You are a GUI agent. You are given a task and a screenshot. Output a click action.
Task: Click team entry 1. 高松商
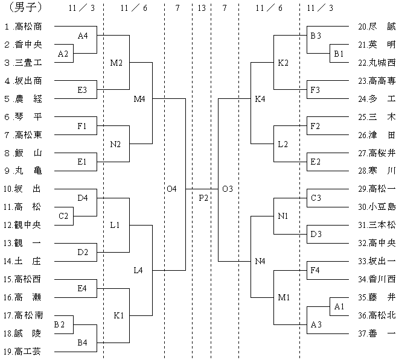[23, 27]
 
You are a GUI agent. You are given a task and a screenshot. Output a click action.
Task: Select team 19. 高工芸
[22, 352]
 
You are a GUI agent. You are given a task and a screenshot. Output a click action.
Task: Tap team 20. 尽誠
[377, 27]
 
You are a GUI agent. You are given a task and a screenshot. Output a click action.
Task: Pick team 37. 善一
[377, 333]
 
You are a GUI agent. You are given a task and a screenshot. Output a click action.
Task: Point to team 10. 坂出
[22, 189]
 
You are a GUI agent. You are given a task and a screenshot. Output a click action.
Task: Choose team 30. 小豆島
[377, 207]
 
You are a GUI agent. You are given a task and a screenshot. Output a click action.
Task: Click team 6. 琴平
[23, 117]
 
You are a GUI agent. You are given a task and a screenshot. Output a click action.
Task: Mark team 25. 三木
[377, 117]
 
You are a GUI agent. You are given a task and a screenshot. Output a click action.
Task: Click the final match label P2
[203, 198]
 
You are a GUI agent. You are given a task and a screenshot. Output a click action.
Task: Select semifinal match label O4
[172, 189]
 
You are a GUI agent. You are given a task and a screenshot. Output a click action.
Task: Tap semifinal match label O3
[228, 189]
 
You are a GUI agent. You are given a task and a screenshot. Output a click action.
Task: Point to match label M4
[139, 99]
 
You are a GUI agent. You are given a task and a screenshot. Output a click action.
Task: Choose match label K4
[260, 99]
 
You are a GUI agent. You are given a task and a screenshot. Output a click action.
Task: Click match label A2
[63, 54]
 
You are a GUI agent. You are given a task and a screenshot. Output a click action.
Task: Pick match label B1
[339, 54]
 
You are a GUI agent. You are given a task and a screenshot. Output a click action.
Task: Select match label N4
[260, 261]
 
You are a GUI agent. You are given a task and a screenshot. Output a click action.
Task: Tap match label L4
[138, 270]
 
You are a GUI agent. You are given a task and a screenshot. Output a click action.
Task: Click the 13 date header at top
[202, 8]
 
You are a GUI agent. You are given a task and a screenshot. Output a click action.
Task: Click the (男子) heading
[25, 7]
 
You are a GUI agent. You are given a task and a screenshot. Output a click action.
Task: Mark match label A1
[339, 306]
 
